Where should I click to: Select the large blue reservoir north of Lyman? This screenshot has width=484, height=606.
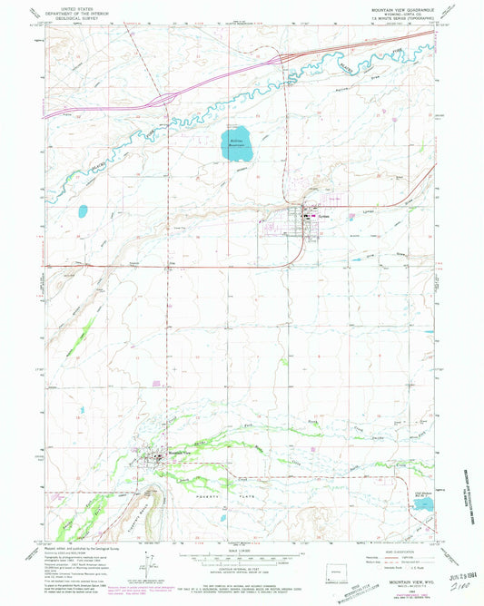tap(237, 141)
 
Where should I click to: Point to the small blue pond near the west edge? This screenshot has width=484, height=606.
tap(83, 211)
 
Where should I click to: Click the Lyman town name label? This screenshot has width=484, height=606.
tap(322, 216)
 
